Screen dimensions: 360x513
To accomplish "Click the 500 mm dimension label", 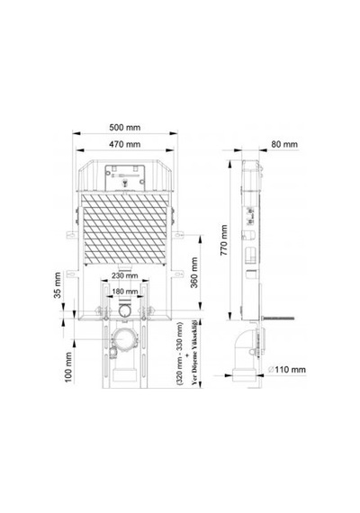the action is coord(125,127).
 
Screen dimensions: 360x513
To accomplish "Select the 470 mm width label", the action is coord(125,144).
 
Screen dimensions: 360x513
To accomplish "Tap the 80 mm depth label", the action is coord(284,144).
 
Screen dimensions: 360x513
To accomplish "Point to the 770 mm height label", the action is coord(224,240).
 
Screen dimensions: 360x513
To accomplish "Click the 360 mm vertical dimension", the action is coord(194,272).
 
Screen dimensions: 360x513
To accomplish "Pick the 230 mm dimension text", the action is coord(125,275).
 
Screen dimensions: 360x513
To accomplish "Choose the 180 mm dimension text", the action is coord(125,292).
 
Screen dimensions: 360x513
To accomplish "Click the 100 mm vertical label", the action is coord(68,367).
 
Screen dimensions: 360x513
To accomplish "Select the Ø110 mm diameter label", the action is coord(287,370).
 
